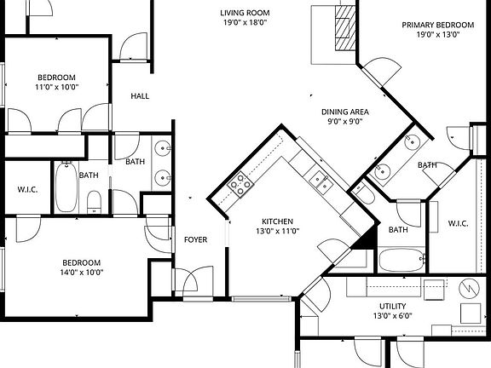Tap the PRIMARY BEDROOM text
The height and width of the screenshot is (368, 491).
436,25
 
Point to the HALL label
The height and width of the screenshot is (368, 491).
140,96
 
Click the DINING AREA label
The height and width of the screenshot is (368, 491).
344,112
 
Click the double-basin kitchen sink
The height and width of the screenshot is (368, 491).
321,179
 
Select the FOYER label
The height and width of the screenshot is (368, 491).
196,240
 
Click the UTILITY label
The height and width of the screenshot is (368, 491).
392,306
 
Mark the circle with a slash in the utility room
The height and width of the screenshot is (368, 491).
470,289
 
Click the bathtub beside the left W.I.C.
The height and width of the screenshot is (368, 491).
66,187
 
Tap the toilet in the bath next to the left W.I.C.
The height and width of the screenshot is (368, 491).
95,201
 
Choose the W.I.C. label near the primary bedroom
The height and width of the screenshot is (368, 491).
458,224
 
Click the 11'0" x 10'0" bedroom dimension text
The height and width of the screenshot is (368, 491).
56,88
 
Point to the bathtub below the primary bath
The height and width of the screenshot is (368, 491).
401,260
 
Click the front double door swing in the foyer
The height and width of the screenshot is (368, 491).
194,281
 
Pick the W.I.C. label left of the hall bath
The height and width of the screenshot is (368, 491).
25,189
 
